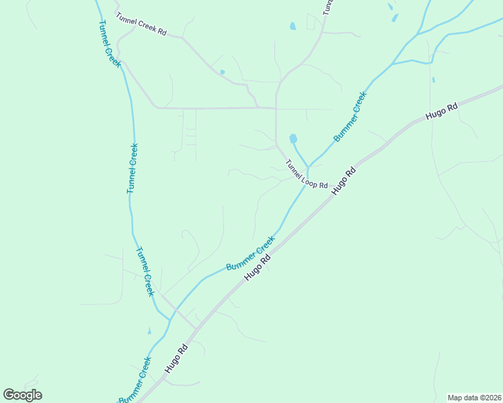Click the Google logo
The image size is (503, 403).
pos(23,395)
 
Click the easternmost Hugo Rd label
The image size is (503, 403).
pos(442,111)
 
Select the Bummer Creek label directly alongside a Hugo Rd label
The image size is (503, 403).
pos(250,254)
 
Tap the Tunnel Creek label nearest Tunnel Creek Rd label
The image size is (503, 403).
pos(108,43)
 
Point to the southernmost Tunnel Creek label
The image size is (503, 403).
pos(145,271)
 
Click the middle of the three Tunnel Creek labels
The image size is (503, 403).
pos(132,168)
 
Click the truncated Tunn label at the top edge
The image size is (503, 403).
pos(327,7)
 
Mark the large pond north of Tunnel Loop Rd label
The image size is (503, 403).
pos(293,139)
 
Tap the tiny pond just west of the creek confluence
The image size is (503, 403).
pos(149,332)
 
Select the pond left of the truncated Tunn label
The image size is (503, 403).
pos(293,27)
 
